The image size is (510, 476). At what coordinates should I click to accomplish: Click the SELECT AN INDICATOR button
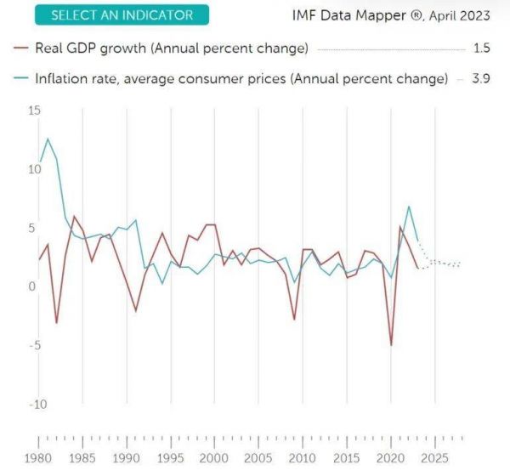[x=122, y=15]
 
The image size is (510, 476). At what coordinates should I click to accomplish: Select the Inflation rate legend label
[x=241, y=79]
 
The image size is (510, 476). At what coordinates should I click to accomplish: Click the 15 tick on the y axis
[x=34, y=110]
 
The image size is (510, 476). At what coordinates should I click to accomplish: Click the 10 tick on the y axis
[x=34, y=169]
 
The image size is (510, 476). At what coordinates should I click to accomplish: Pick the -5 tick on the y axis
[x=34, y=345]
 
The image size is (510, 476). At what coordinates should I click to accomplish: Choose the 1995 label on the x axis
[x=171, y=460]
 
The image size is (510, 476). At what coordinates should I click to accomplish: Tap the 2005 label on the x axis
[x=258, y=460]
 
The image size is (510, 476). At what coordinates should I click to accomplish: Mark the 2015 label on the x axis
[x=346, y=460]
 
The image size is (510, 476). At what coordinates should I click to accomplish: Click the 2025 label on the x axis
[x=434, y=460]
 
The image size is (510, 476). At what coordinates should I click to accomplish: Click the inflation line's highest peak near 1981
[x=48, y=139]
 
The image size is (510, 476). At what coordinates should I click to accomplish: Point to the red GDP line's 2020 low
[x=391, y=345]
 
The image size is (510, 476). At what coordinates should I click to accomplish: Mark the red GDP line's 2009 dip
[x=294, y=320]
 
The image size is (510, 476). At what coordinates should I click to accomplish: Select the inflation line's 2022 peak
[x=409, y=207]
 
